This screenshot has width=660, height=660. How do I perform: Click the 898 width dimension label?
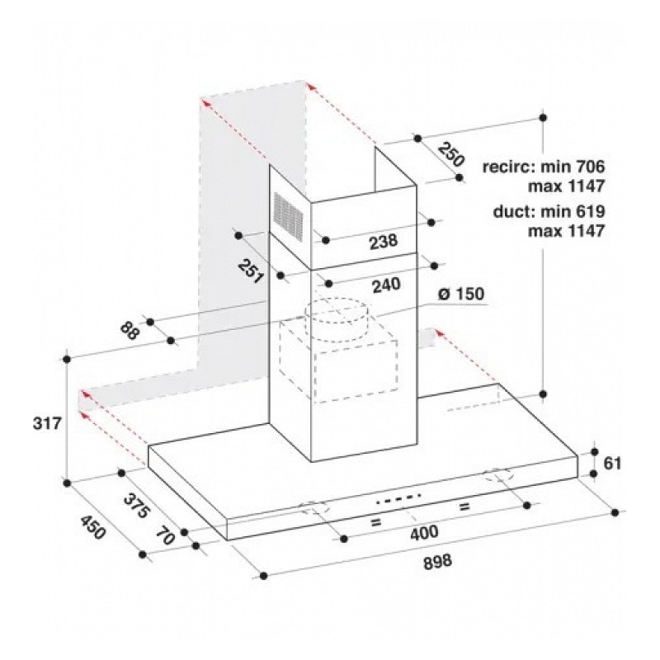pyautogui.click(x=437, y=562)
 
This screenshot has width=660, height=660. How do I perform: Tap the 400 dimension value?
pyautogui.click(x=424, y=533)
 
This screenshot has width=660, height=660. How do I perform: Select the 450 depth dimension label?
pyautogui.click(x=92, y=527)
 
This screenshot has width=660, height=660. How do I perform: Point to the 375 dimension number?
pyautogui.click(x=136, y=505)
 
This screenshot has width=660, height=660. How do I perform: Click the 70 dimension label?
pyautogui.click(x=166, y=535)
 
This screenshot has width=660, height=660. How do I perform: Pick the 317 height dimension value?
pyautogui.click(x=47, y=423)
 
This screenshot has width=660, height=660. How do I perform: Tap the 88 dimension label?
pyautogui.click(x=130, y=331)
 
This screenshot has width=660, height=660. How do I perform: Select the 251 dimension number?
pyautogui.click(x=251, y=271)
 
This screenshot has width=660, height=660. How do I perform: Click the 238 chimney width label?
pyautogui.click(x=384, y=242)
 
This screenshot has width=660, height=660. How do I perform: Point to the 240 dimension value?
pyautogui.click(x=386, y=285)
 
